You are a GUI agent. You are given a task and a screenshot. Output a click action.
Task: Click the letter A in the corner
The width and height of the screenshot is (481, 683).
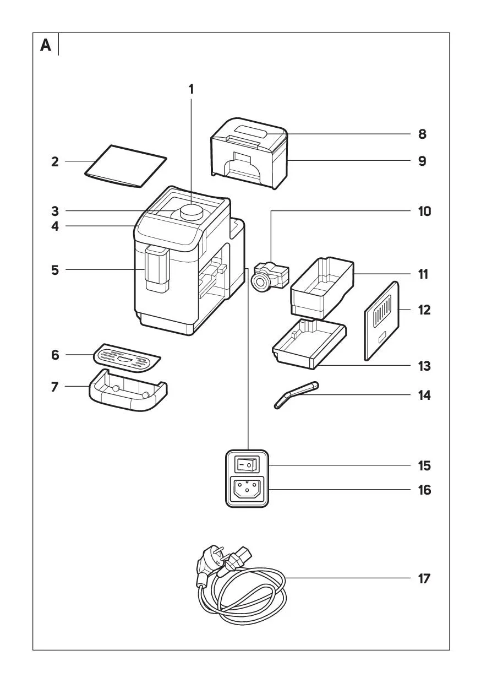tap(46, 45)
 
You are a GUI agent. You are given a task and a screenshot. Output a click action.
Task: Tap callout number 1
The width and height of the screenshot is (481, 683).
tap(192, 89)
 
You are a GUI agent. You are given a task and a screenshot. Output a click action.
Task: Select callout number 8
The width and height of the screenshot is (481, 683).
tap(422, 134)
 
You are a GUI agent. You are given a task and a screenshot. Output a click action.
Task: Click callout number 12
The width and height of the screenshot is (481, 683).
tap(423, 310)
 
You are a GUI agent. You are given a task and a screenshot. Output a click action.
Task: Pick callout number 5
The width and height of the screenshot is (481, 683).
tap(55, 270)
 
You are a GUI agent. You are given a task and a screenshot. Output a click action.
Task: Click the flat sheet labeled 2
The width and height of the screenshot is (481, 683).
tap(125, 166)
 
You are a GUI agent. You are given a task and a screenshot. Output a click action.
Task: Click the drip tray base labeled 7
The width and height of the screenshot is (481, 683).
tap(128, 392)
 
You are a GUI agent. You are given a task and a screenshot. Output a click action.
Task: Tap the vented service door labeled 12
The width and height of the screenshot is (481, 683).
tap(381, 322)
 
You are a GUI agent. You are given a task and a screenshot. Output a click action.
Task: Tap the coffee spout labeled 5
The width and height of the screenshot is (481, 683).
tap(156, 270)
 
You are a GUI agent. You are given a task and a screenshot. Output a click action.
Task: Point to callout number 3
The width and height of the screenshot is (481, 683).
tap(55, 211)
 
